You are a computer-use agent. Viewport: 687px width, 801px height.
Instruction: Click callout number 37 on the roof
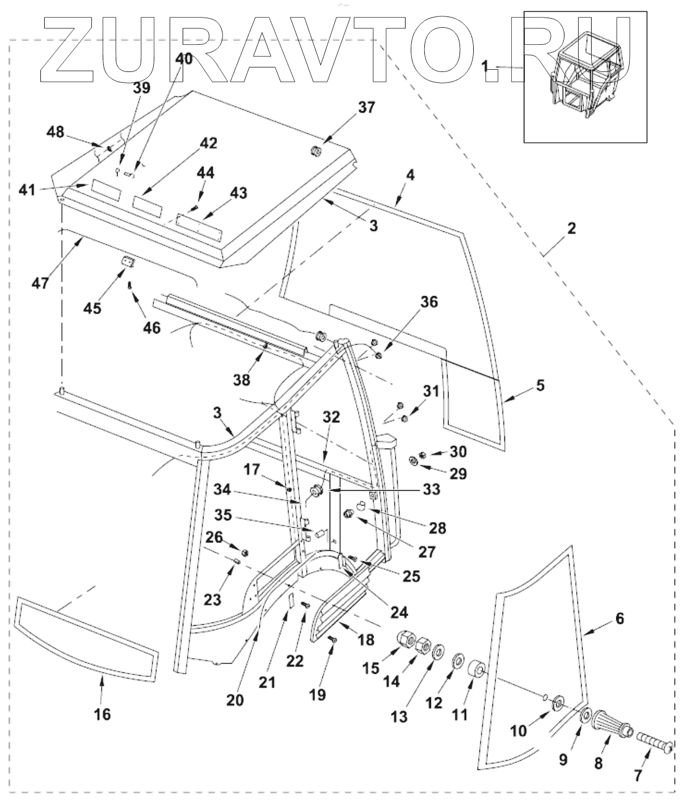366,107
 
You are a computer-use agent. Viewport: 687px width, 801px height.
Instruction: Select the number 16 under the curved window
103,714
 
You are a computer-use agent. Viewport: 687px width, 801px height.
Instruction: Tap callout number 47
40,283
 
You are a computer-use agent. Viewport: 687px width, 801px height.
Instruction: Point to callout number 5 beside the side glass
541,385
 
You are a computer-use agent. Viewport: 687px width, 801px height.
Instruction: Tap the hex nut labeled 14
423,646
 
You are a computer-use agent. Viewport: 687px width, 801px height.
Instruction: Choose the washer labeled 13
439,652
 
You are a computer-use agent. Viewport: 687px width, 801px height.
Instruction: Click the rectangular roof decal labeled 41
106,190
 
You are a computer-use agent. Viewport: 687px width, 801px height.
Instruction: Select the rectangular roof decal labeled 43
199,226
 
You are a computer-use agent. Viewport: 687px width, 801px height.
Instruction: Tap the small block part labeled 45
128,262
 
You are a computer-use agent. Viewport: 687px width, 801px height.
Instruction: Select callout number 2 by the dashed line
572,228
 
